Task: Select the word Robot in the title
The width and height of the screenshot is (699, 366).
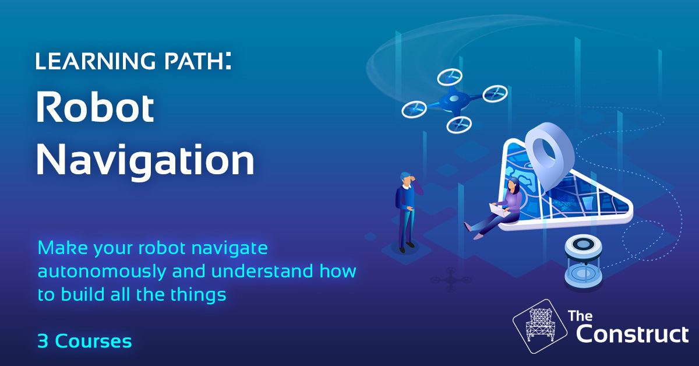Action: click(96, 109)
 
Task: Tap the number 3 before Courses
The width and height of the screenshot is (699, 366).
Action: click(43, 342)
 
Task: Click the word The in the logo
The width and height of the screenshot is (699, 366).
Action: click(580, 317)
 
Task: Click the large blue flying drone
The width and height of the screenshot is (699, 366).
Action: click(454, 101)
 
